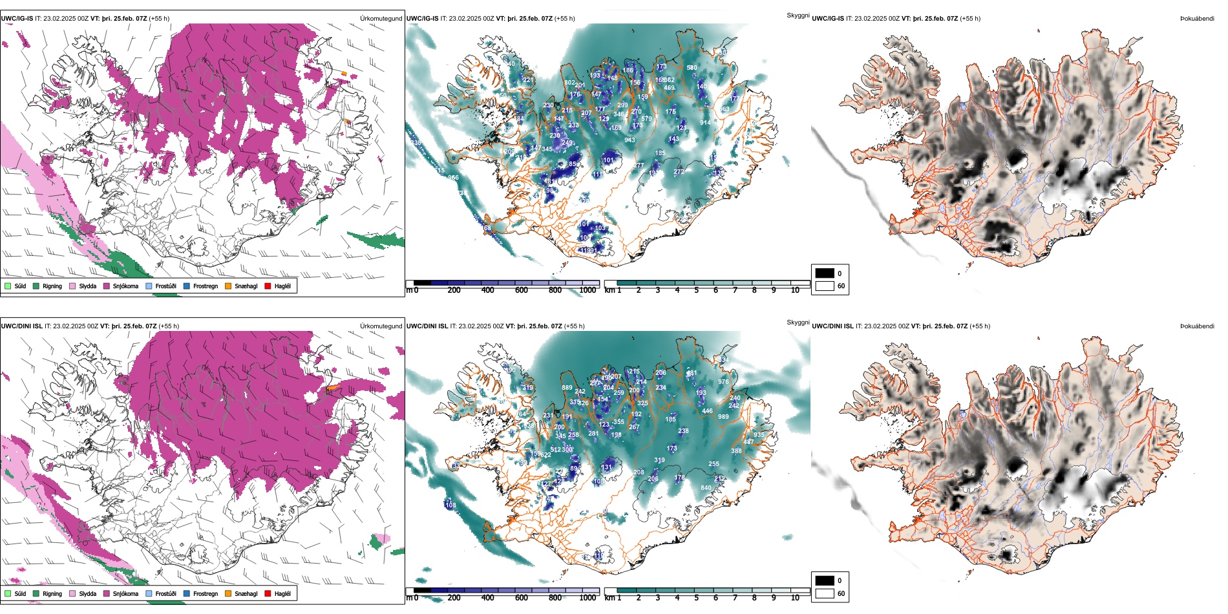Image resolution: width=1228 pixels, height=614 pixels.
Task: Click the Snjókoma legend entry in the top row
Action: point(125,286)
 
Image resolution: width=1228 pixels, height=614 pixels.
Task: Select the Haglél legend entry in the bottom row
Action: point(282,593)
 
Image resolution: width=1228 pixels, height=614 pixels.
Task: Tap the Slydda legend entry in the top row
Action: point(87,286)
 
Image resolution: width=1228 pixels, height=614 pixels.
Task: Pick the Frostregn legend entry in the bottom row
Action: point(205,593)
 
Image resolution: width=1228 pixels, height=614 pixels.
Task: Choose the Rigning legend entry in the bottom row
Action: point(52,593)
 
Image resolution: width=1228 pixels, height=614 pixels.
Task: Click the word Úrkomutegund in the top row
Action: point(381,19)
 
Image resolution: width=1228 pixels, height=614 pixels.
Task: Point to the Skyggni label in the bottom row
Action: point(798,322)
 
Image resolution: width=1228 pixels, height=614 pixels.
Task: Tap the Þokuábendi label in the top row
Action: point(1197,19)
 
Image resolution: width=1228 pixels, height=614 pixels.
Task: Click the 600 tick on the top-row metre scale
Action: point(522,290)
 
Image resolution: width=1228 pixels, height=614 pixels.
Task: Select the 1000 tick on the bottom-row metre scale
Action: point(588,598)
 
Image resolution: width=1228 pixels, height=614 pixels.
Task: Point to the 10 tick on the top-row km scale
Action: point(795,290)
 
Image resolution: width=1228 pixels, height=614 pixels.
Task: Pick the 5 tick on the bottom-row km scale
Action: point(697,598)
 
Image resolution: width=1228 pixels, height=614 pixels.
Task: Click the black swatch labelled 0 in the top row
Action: point(825,273)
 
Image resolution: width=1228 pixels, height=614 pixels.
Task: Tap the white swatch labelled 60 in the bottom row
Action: point(825,593)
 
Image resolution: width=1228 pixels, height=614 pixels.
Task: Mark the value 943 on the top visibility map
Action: point(630,140)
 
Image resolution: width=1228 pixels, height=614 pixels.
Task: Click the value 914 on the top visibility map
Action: point(705,123)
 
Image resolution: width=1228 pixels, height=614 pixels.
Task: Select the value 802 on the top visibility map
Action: point(569,83)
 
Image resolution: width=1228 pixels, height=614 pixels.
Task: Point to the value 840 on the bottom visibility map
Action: point(706,488)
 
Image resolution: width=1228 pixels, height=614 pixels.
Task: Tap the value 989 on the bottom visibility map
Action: point(723,417)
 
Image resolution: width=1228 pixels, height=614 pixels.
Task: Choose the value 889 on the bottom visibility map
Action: point(567,388)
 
